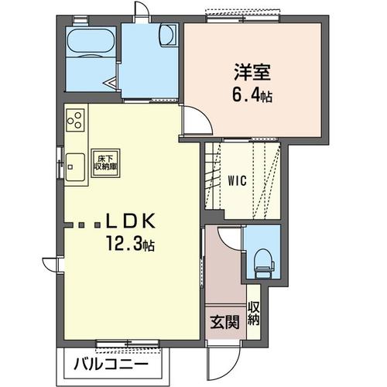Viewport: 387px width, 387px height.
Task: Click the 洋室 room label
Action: click(x=252, y=73)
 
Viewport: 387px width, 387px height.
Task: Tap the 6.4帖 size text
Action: click(x=252, y=95)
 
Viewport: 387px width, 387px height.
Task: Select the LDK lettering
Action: click(x=130, y=221)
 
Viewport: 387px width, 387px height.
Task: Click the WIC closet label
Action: click(x=238, y=180)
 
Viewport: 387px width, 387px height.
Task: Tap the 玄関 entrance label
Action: click(x=225, y=322)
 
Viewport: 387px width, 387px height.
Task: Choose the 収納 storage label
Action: click(x=253, y=313)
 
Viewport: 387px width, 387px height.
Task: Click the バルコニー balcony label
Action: click(x=111, y=365)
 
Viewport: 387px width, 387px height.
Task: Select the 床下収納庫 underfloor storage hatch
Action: click(x=105, y=163)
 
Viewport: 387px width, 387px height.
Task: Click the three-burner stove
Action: click(x=75, y=120)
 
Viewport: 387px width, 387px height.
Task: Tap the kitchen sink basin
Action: click(x=75, y=167)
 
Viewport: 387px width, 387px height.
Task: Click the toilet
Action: click(x=264, y=263)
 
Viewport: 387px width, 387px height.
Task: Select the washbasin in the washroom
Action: click(x=168, y=36)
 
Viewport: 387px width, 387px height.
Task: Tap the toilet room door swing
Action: click(x=230, y=238)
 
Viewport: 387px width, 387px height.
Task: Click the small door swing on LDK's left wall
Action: click(x=50, y=265)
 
